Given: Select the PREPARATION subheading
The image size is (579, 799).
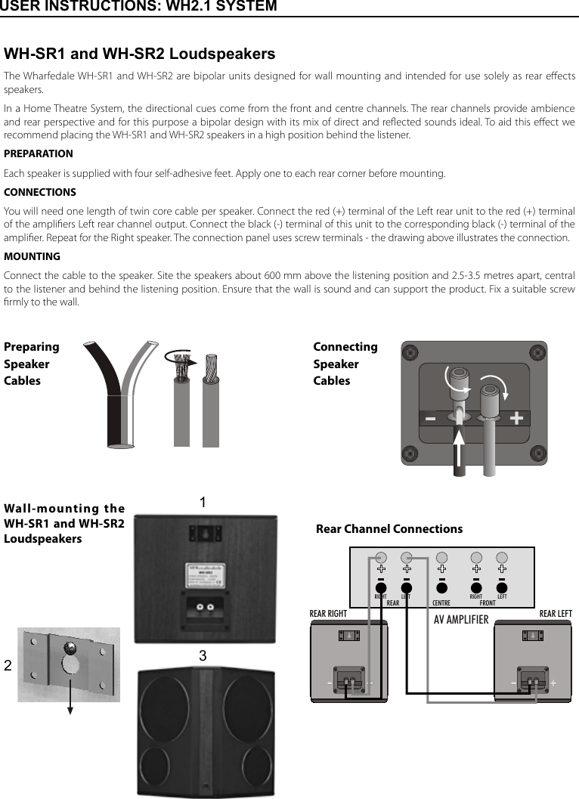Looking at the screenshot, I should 39,153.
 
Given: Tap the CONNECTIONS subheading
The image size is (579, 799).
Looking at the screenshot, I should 40,192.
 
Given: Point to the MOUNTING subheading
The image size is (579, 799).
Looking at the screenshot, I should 32,256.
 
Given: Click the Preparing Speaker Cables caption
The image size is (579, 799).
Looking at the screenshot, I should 31,364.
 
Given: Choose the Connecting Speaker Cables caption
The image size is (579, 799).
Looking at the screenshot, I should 345,364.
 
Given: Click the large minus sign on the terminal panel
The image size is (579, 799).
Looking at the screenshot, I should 430,418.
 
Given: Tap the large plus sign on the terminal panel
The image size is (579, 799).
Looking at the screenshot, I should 516,418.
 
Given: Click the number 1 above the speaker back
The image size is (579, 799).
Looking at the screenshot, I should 203,503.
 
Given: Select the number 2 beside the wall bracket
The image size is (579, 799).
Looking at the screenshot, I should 8,666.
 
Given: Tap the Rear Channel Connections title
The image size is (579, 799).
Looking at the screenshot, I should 389,529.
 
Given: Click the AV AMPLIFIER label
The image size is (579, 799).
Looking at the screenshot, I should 461,620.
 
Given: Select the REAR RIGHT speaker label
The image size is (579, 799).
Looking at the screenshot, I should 328,613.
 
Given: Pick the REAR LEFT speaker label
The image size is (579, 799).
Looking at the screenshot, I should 555,613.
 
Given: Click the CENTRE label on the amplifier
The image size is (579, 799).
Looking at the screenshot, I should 441,603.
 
